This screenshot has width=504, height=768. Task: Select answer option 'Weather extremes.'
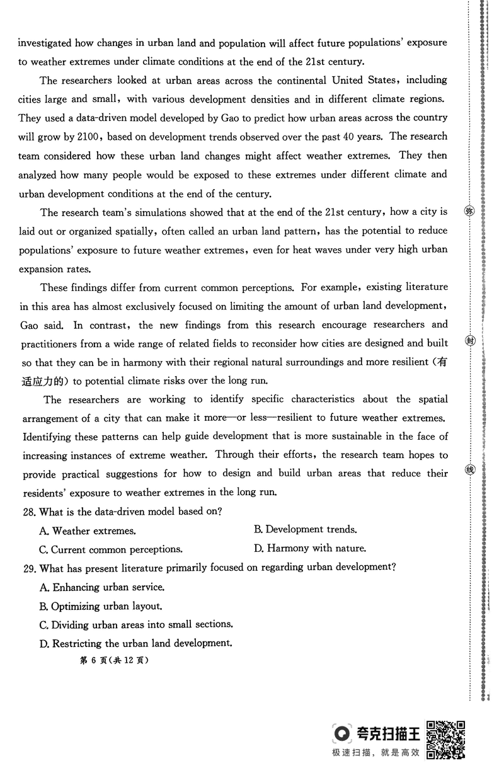(88, 531)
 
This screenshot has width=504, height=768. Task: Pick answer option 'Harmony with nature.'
(310, 549)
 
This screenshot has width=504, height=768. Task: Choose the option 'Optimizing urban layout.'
(101, 606)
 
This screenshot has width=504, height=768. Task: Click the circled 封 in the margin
(469, 340)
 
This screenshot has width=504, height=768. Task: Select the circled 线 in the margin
(469, 470)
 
